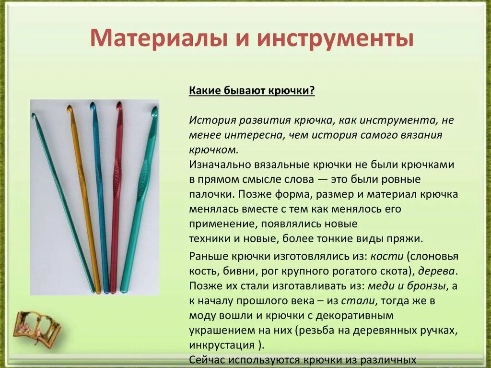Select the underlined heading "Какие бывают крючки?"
coord(252,91)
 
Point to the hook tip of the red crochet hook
coord(119,105)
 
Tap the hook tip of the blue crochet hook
coord(93,105)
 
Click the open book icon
coord(36,327)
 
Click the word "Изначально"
coord(217,165)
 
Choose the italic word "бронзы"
coord(427,286)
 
